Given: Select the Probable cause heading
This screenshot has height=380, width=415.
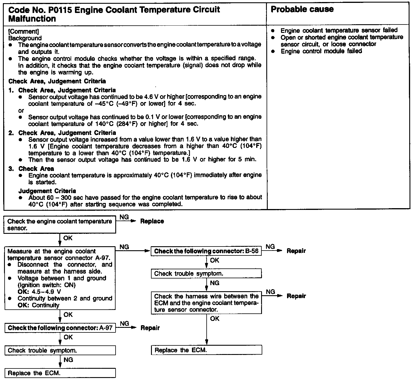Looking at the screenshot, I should tap(302, 9).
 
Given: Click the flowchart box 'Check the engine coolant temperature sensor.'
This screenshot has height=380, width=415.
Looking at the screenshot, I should tap(60, 225).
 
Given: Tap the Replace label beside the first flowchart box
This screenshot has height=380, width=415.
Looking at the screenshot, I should tap(152, 221).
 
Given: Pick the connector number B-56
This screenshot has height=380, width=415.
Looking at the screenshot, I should tap(252, 251).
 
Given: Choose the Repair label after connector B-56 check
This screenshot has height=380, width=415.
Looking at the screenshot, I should tap(296, 251).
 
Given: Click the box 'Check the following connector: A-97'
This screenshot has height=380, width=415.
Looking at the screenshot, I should tap(60, 328).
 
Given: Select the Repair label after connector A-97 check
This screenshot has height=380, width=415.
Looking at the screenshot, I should tap(150, 328).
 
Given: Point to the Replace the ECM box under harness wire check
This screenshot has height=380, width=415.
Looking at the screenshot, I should tap(206, 350).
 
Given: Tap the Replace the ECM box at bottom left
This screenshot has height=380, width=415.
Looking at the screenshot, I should tap(60, 373).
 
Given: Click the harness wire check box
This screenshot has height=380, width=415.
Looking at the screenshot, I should tap(206, 303).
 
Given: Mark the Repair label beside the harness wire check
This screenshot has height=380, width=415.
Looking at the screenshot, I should tap(296, 296).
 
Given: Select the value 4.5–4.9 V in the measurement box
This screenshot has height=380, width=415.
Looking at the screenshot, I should tap(46, 291).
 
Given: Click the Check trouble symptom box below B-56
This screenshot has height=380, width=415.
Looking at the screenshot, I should tap(206, 274).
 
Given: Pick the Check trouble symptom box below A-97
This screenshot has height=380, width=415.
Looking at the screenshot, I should tap(60, 351).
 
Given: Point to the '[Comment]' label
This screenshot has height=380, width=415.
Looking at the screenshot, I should tap(24, 31).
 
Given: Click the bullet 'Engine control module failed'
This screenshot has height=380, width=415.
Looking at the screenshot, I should tap(321, 51).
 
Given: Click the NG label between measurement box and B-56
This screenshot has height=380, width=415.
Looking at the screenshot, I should tap(124, 247).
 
